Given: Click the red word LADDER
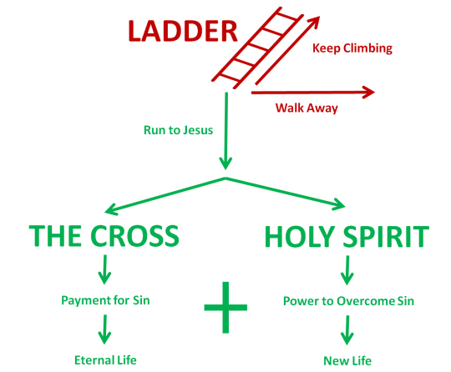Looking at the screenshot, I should pos(182,31).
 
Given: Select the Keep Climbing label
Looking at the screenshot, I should pos(352,48).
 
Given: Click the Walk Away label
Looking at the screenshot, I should pos(307,108).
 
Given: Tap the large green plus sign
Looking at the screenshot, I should pos(225,308).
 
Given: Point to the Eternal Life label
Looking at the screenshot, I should pos(104,359).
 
